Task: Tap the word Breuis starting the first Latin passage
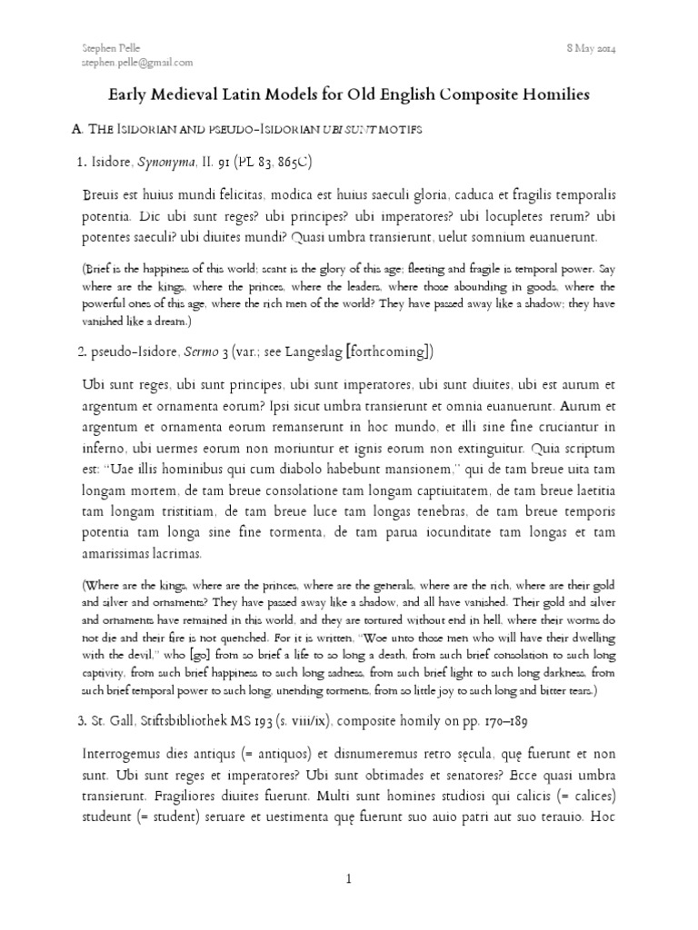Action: coord(101,195)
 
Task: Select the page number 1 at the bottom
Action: coord(349,879)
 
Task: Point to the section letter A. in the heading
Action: coord(76,130)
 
